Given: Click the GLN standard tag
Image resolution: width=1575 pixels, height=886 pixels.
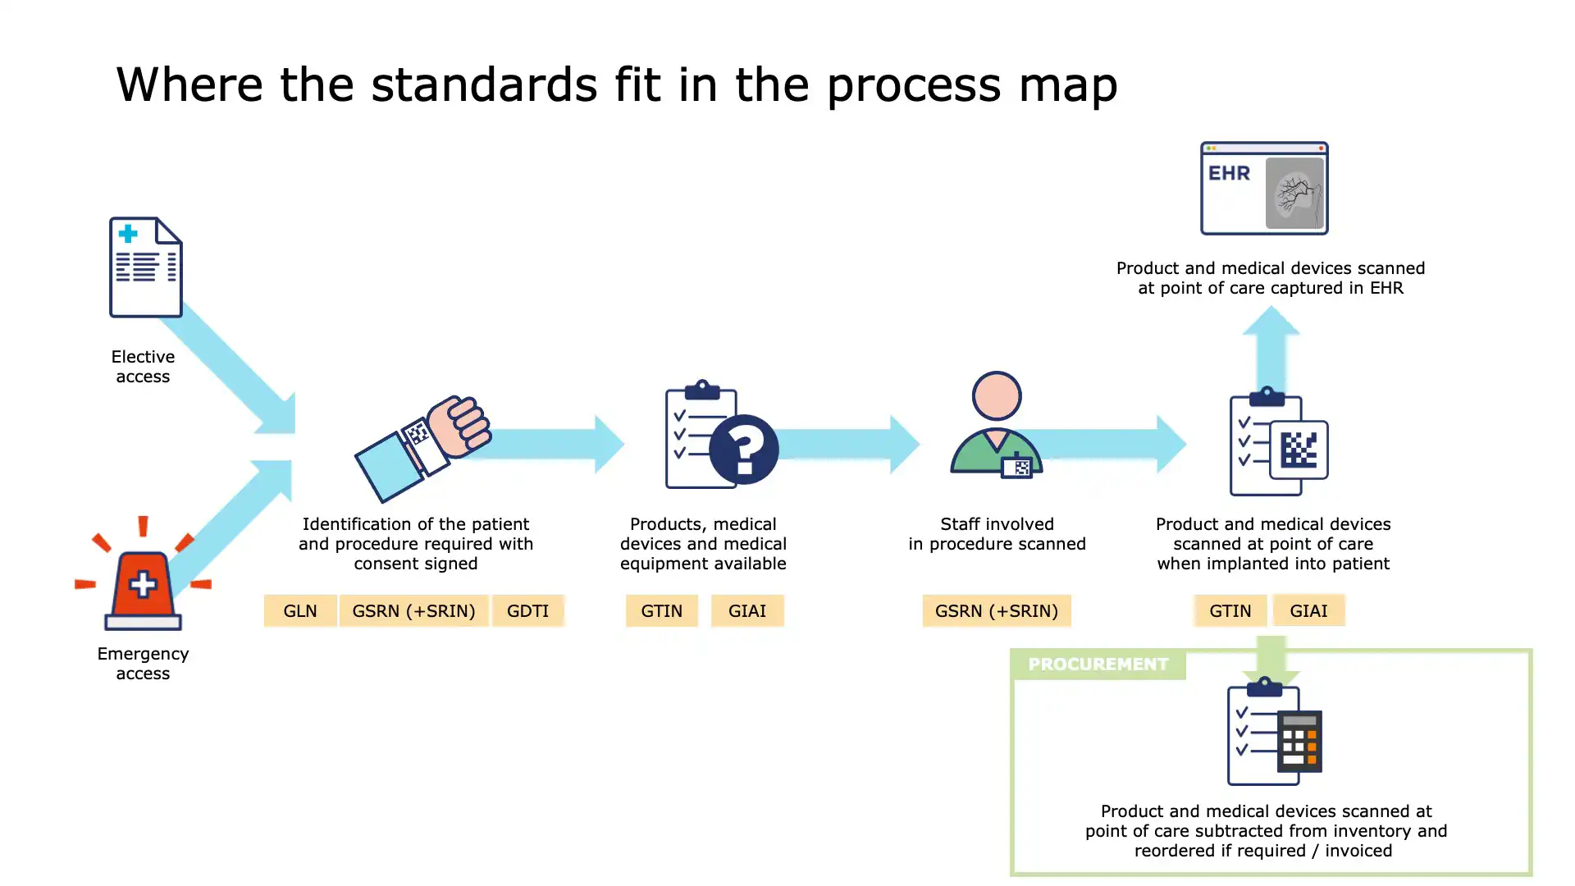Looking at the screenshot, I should pyautogui.click(x=300, y=611).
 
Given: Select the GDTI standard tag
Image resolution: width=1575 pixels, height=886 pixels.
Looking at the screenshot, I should pyautogui.click(x=527, y=611).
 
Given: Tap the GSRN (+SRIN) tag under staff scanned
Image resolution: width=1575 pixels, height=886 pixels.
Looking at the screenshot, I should pyautogui.click(x=996, y=611).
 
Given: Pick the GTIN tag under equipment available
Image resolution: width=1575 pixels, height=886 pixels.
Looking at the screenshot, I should pyautogui.click(x=661, y=611).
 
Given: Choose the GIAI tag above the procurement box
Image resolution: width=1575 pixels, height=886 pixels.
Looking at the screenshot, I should pyautogui.click(x=1308, y=610).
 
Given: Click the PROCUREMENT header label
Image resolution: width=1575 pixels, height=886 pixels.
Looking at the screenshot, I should pyautogui.click(x=1098, y=664).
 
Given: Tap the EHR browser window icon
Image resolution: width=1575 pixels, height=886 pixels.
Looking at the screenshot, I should pyautogui.click(x=1264, y=189).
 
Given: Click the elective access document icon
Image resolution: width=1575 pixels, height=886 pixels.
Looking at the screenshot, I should pyautogui.click(x=146, y=267).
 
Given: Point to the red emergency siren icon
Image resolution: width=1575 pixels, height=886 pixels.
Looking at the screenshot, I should pyautogui.click(x=143, y=583).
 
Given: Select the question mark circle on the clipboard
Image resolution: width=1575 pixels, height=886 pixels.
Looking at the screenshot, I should pyautogui.click(x=744, y=450).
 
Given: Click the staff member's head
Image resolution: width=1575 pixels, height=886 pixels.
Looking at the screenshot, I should pyautogui.click(x=997, y=395).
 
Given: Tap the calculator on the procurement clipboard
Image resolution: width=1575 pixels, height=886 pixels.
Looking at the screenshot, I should pyautogui.click(x=1299, y=741).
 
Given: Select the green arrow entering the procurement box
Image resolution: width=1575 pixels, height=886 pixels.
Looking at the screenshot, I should pyautogui.click(x=1271, y=660).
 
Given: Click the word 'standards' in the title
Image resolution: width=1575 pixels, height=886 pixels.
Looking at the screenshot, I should pyautogui.click(x=484, y=84).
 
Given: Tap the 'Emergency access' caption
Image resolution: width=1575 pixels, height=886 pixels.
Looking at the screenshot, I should pyautogui.click(x=143, y=664).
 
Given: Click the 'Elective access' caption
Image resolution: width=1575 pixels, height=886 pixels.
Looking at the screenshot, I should pyautogui.click(x=143, y=367).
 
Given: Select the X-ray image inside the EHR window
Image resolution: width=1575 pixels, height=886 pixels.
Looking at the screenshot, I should pyautogui.click(x=1294, y=194).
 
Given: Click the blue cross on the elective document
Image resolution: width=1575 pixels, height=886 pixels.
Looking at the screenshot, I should pyautogui.click(x=128, y=234).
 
